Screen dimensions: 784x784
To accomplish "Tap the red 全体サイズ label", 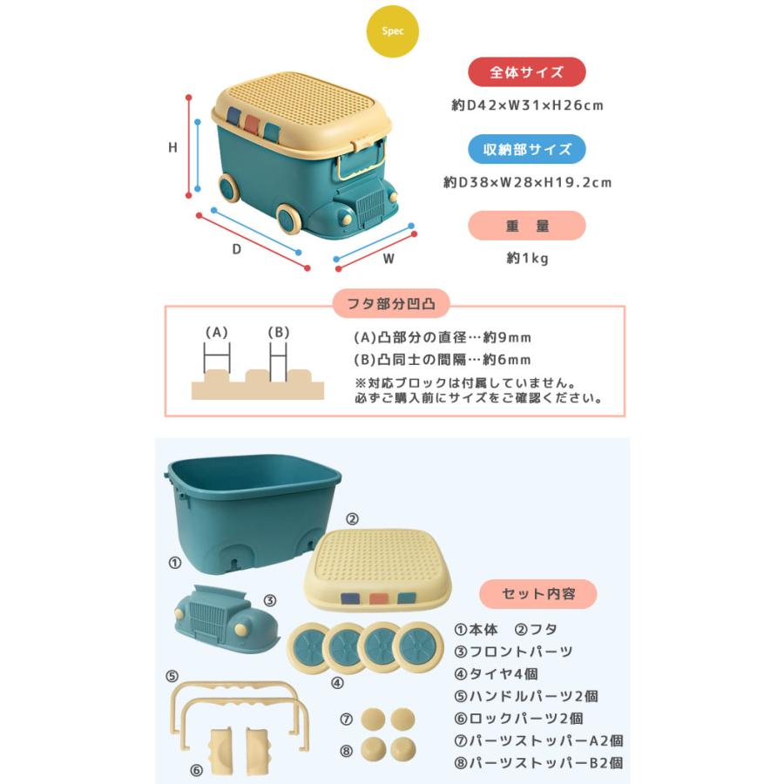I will (x=526, y=72).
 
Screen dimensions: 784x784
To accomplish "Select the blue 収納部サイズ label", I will (x=526, y=149).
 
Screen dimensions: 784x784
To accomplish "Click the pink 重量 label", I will (x=526, y=226).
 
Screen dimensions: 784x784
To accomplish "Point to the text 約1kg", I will (x=527, y=259).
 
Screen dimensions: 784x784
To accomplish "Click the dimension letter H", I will (x=172, y=148).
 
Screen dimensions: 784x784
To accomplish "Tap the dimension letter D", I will (x=235, y=248).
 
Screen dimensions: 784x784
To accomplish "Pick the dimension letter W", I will (x=389, y=259).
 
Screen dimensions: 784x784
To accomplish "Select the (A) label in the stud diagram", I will (x=216, y=332).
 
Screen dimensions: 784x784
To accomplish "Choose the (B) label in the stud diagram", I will (x=278, y=332).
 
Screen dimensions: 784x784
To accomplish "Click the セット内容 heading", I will (x=537, y=594).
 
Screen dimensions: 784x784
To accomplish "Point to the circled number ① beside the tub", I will (x=174, y=563).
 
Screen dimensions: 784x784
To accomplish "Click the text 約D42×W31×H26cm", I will (x=527, y=105).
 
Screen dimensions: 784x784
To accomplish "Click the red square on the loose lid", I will (x=378, y=598).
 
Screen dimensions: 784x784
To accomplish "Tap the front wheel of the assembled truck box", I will (x=289, y=219).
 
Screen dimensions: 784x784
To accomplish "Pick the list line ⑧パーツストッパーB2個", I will (x=538, y=763).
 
